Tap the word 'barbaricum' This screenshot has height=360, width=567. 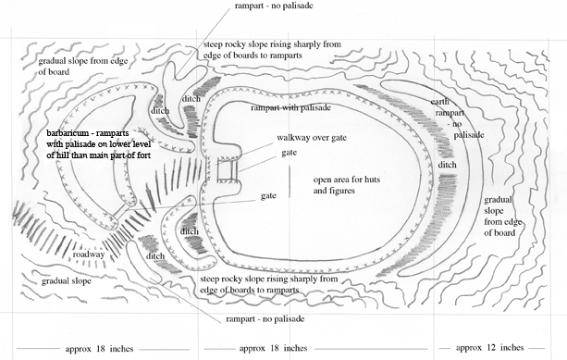[x=71, y=133]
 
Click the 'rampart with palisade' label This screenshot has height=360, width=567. [x=290, y=108]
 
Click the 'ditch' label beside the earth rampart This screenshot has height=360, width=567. [x=447, y=166]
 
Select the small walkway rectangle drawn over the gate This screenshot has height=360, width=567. [x=226, y=171]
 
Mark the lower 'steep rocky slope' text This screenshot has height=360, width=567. [x=261, y=284]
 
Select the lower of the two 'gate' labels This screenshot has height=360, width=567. [x=269, y=196]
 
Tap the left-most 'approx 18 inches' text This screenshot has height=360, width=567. [x=74, y=348]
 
